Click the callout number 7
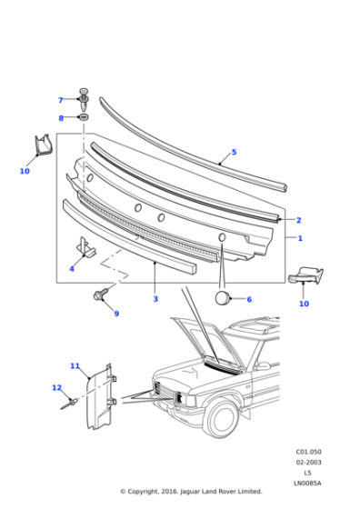(61, 100)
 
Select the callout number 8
(61, 118)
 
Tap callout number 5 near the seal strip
(234, 152)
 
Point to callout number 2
(298, 220)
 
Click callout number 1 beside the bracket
(300, 238)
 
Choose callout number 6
(249, 299)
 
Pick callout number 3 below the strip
(155, 299)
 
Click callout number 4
(72, 269)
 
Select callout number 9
(115, 314)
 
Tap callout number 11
(75, 366)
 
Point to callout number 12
(56, 388)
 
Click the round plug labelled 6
(221, 297)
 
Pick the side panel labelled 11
(99, 400)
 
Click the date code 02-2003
(306, 463)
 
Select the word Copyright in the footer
(150, 492)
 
